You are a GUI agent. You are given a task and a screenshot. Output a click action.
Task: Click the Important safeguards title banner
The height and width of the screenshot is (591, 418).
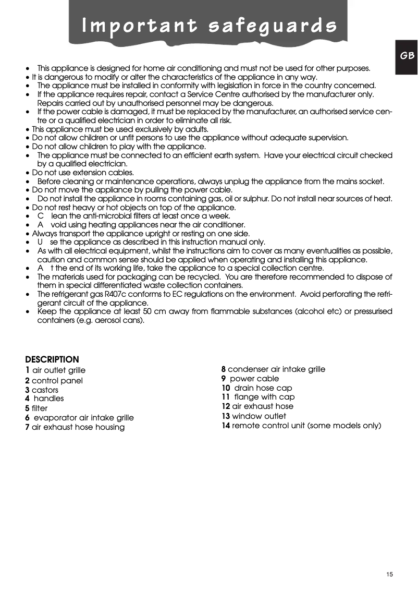(208, 25)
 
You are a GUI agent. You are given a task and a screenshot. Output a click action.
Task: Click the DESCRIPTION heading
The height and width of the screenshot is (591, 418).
(52, 359)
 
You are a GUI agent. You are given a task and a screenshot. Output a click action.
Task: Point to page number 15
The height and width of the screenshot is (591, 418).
(389, 574)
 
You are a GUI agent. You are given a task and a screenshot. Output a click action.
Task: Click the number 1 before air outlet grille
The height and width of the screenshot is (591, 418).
(27, 370)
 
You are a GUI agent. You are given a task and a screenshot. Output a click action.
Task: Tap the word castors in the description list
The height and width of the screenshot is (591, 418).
(45, 390)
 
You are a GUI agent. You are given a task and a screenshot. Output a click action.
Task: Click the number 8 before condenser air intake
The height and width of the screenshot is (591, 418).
(224, 369)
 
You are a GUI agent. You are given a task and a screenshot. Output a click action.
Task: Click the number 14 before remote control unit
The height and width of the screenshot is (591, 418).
(226, 426)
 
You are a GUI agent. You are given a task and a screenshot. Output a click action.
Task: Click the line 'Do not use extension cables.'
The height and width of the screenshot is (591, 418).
(76, 173)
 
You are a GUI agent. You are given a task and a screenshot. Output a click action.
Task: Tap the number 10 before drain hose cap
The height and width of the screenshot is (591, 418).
(226, 388)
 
